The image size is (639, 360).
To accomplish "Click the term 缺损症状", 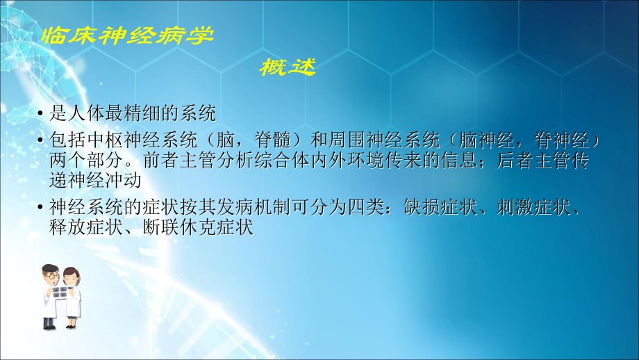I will click(x=431, y=207).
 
